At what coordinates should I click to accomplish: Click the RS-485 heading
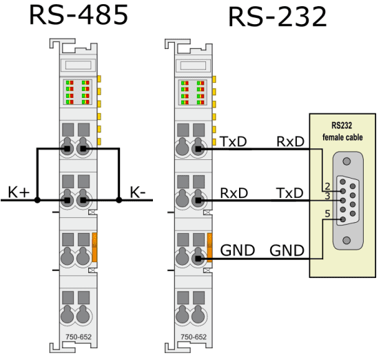click(79, 15)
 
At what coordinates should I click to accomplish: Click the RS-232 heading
click(278, 17)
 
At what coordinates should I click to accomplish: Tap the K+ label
click(19, 192)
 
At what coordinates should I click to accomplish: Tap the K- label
click(138, 192)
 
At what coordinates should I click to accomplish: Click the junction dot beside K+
click(37, 200)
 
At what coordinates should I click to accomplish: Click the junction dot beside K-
click(119, 200)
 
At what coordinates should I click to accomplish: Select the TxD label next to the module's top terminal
click(233, 141)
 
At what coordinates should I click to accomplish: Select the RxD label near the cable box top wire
click(290, 141)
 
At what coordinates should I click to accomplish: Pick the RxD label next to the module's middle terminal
click(234, 193)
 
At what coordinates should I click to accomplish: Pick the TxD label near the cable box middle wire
click(290, 193)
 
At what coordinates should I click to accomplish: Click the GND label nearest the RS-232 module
click(238, 250)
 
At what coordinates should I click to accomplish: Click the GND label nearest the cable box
click(287, 250)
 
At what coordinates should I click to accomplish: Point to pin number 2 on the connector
click(327, 186)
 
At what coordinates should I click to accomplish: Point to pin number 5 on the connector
click(327, 214)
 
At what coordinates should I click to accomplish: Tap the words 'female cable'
click(342, 137)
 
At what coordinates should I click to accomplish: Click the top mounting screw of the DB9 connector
click(347, 161)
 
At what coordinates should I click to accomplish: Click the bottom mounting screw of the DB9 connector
click(347, 240)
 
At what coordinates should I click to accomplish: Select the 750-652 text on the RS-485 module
click(79, 337)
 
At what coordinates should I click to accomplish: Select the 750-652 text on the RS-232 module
click(194, 337)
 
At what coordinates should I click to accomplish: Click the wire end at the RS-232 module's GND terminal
click(198, 259)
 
